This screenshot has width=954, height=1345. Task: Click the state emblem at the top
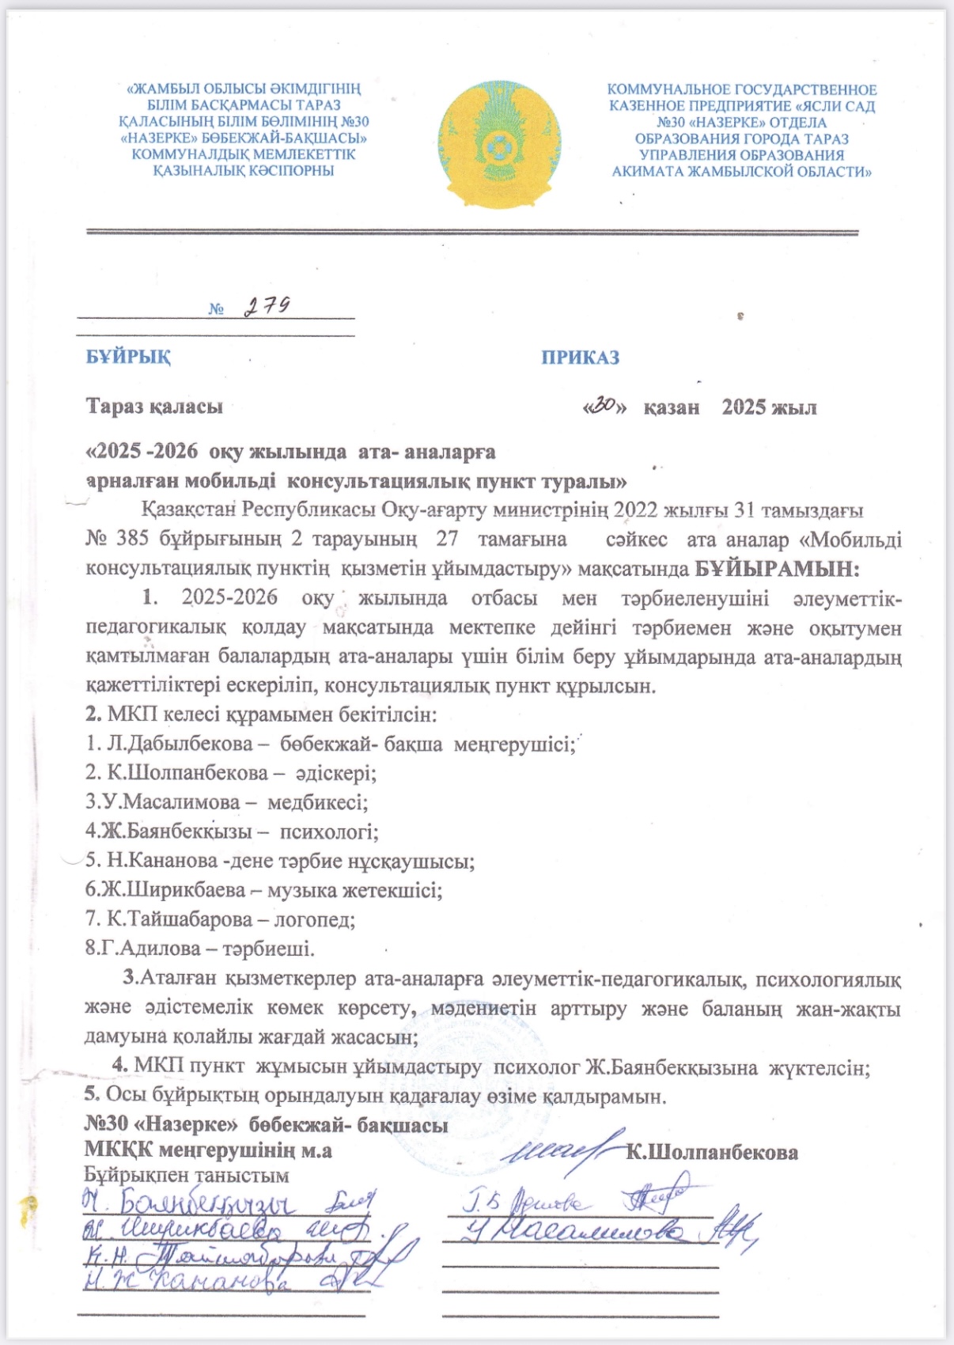tap(498, 143)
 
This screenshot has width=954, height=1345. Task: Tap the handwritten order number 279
tap(266, 306)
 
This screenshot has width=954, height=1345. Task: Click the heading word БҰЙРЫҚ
tap(128, 357)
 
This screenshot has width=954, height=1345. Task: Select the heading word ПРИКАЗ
tap(580, 358)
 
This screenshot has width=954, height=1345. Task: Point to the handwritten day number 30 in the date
tap(604, 406)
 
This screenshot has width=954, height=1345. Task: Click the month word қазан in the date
tap(671, 408)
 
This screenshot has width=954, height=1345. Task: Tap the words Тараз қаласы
tap(154, 407)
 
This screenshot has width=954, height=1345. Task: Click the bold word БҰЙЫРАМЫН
tap(776, 569)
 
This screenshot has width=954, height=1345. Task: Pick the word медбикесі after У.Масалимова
tap(317, 803)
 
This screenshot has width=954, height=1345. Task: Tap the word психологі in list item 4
tap(329, 832)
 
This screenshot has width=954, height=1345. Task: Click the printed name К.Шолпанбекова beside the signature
tap(711, 1153)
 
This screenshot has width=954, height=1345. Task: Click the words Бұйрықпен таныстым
tap(187, 1176)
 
